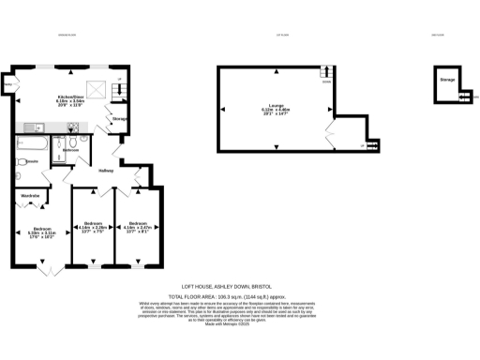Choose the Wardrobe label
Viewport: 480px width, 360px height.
pos(31,195)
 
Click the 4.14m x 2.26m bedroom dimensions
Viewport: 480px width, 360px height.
pos(91,228)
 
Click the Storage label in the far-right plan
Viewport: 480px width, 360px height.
pos(447,81)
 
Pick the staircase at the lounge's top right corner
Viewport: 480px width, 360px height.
pos(326,73)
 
